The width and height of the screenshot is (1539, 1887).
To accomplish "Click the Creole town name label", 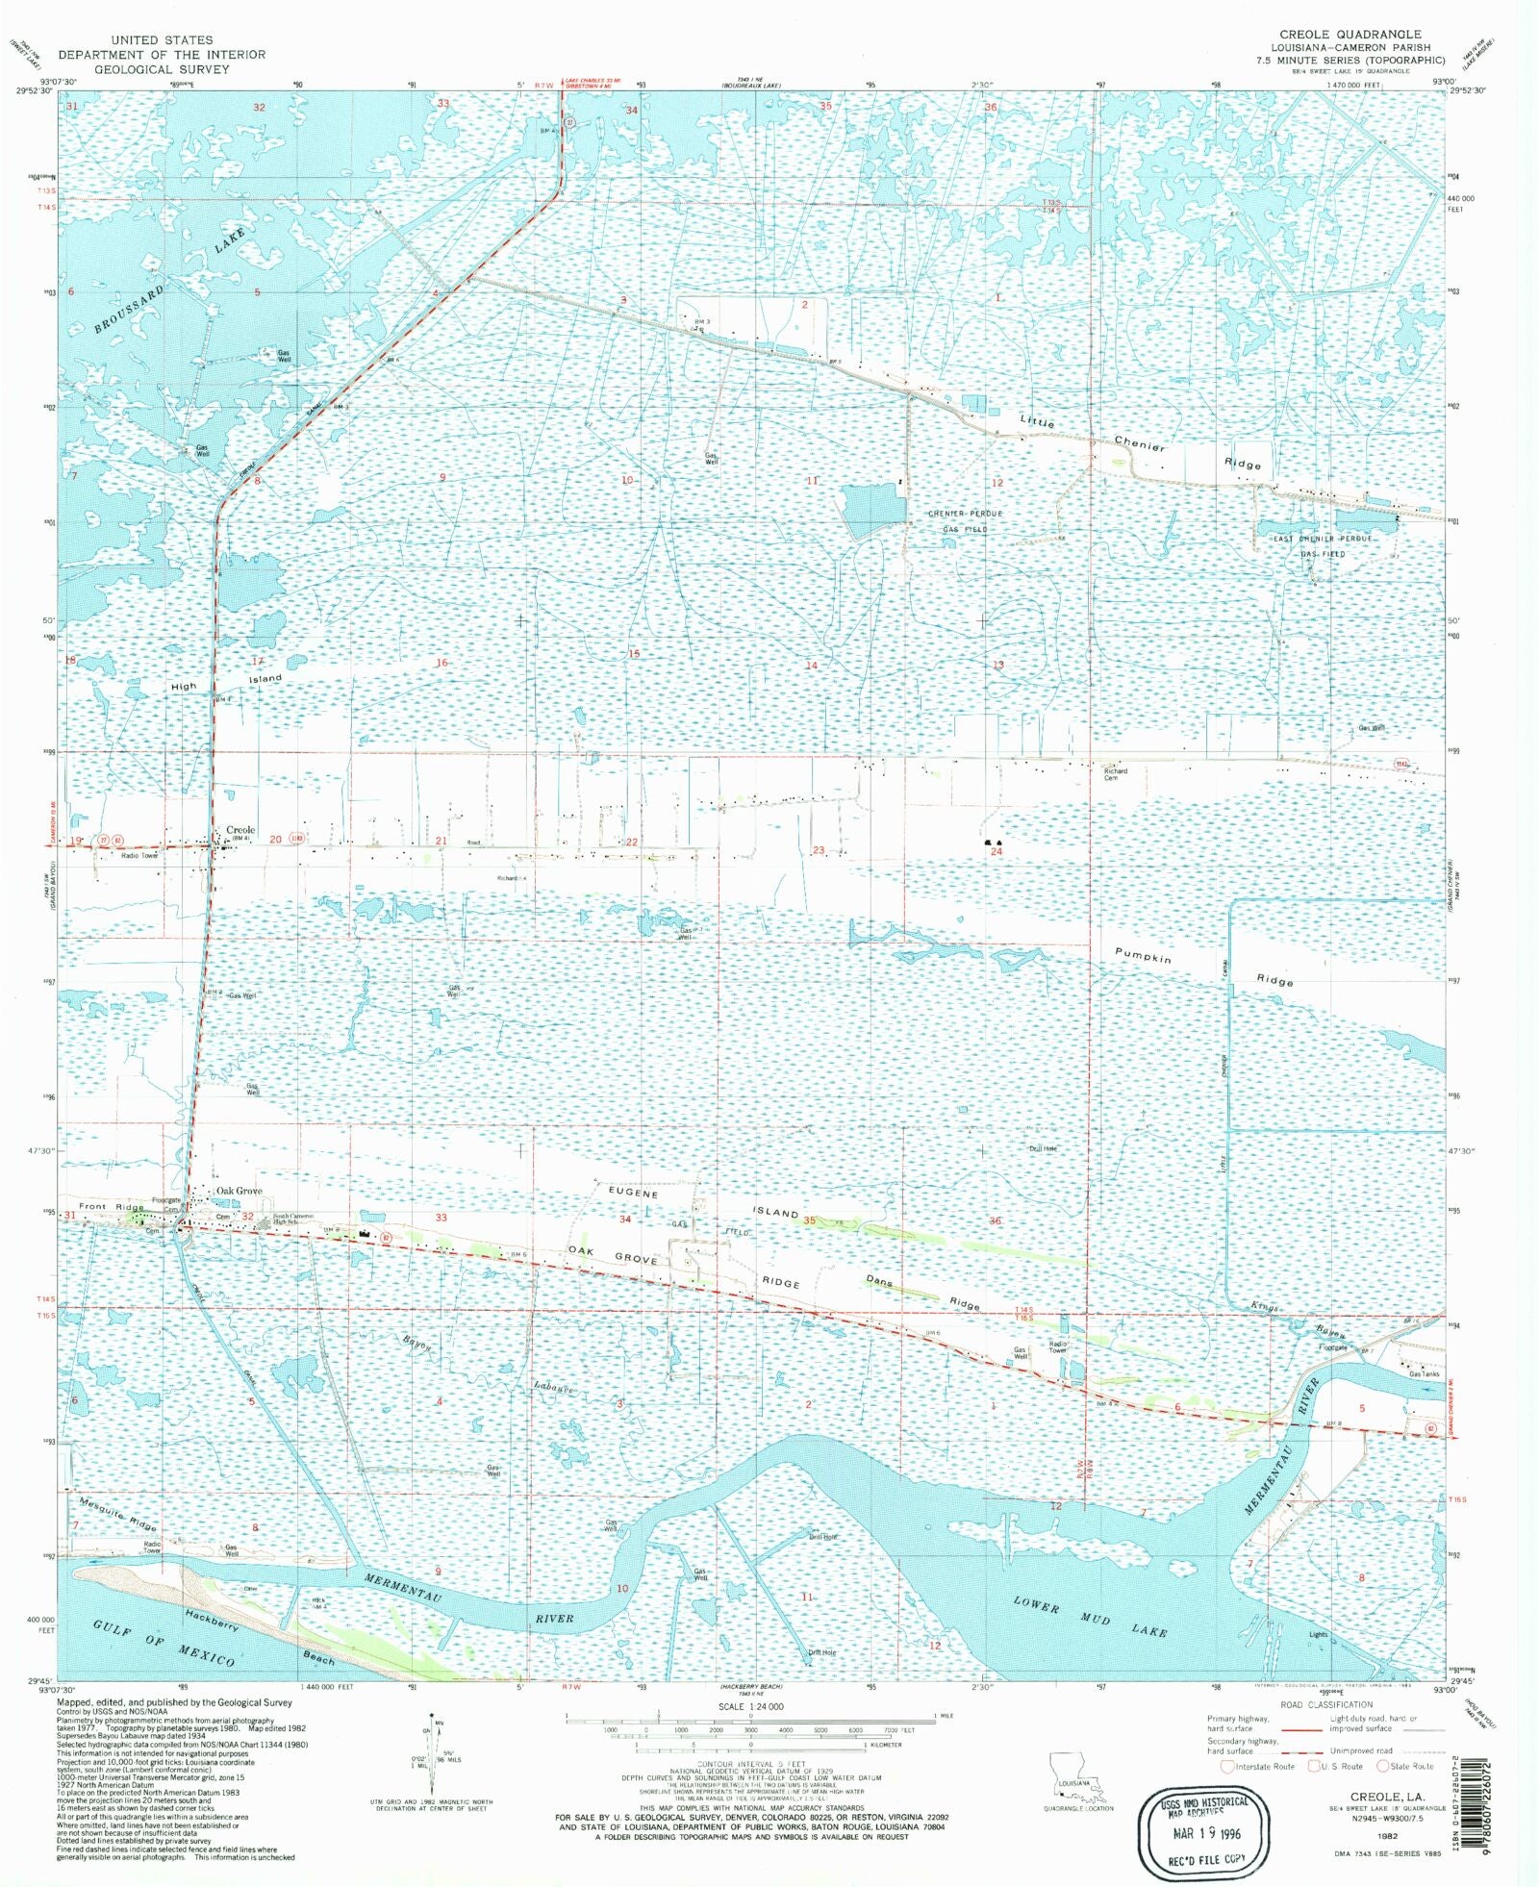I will pyautogui.click(x=240, y=829).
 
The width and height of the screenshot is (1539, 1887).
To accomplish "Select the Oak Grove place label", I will pyautogui.click(x=239, y=1191).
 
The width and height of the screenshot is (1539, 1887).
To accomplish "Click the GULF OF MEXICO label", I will pyautogui.click(x=164, y=1643).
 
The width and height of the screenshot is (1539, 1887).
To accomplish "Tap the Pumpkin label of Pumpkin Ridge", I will pyautogui.click(x=1143, y=956).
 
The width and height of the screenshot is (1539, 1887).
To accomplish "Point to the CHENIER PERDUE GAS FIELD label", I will pyautogui.click(x=965, y=521).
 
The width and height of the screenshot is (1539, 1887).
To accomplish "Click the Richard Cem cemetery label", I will pyautogui.click(x=1115, y=773).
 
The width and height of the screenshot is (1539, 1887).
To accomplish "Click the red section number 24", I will pyautogui.click(x=997, y=851).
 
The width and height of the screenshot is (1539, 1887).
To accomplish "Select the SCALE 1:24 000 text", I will pyautogui.click(x=750, y=1706).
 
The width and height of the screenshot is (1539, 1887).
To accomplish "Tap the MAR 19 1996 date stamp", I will pyautogui.click(x=1206, y=1833).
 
